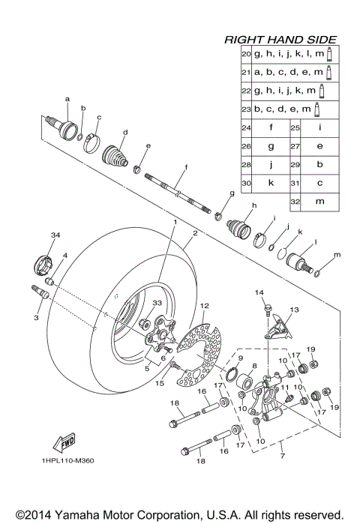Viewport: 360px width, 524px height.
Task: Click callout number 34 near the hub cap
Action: click(x=54, y=236)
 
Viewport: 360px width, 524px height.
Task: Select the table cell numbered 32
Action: click(x=295, y=202)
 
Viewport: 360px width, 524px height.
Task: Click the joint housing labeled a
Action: click(x=61, y=121)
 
